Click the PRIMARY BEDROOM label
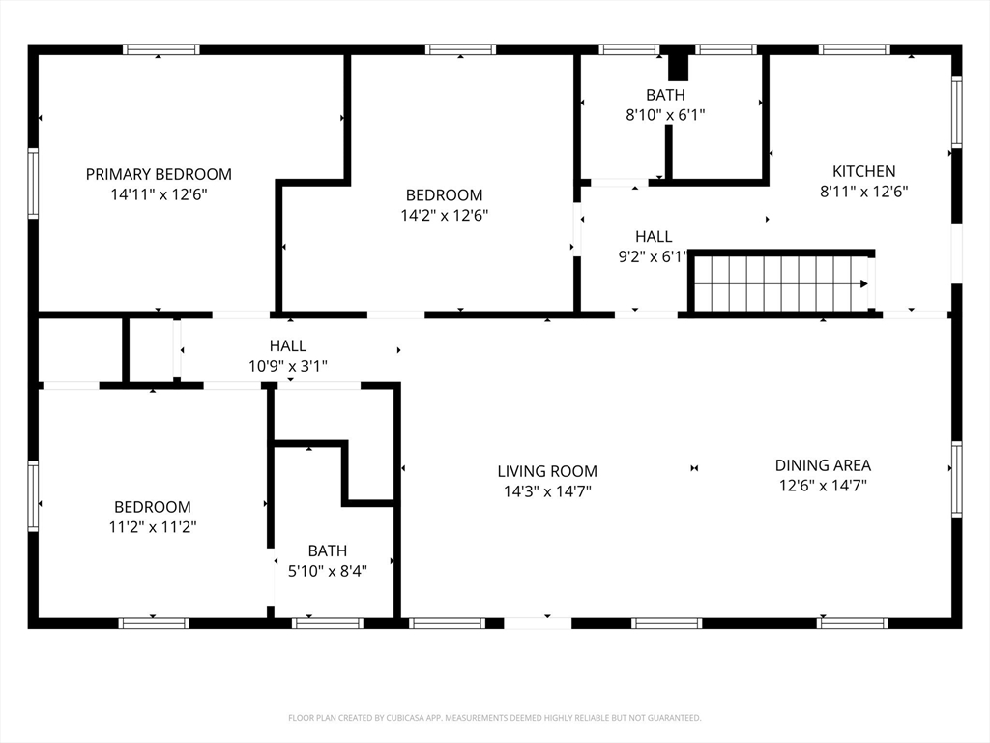click(159, 174)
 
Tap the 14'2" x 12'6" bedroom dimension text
click(445, 216)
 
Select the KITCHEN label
click(863, 171)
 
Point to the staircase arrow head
click(864, 283)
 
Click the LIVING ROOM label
click(547, 471)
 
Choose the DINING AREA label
click(823, 465)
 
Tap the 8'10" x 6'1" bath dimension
click(665, 115)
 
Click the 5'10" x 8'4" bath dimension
click(328, 571)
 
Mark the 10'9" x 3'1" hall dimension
click(288, 366)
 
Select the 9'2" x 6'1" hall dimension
click(653, 256)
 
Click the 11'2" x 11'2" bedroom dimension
click(153, 527)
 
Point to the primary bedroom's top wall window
click(161, 50)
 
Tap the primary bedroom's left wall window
click(33, 183)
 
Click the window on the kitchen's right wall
click(956, 112)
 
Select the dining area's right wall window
click(956, 480)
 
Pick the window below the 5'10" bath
click(328, 624)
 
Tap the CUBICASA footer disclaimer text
click(495, 718)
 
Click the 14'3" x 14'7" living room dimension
click(547, 491)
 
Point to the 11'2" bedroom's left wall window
click(33, 496)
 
